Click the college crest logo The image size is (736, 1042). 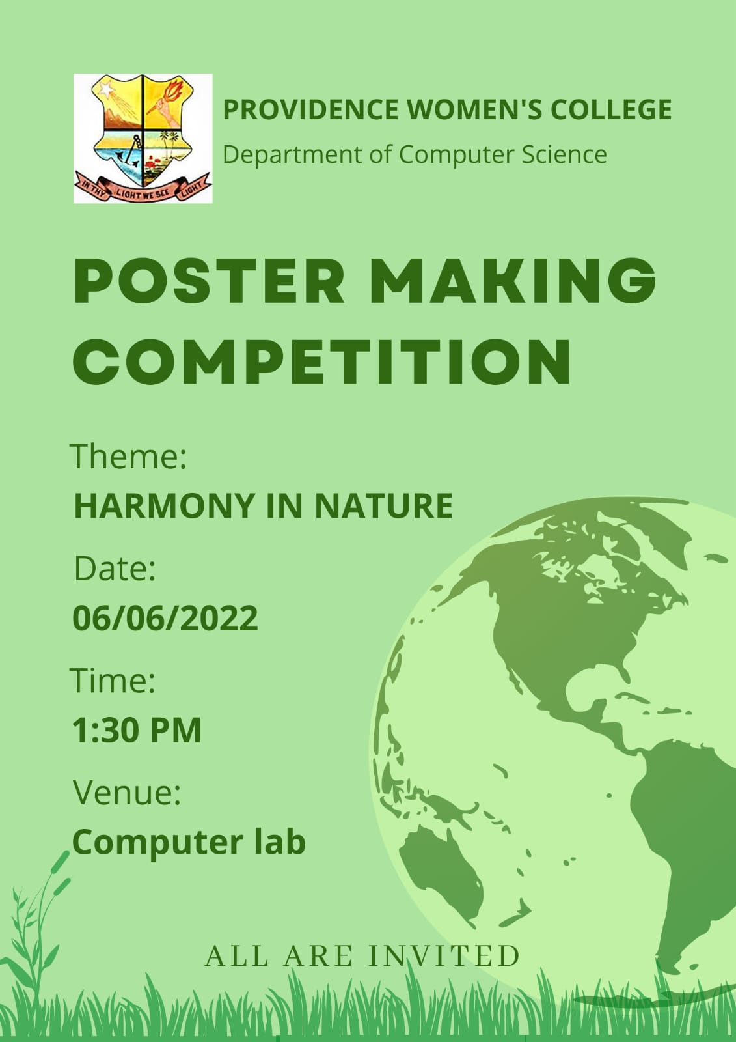click(x=143, y=138)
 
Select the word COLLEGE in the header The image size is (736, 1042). click(x=611, y=109)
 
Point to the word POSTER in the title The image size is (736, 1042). click(x=209, y=281)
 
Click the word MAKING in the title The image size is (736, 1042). click(x=513, y=281)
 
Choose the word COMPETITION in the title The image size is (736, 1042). click(x=321, y=361)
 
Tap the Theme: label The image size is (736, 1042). click(x=128, y=457)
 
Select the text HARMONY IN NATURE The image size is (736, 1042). click(x=263, y=505)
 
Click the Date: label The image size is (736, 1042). click(x=115, y=568)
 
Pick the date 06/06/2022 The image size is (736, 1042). click(x=165, y=618)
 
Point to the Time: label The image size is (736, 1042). click(x=113, y=680)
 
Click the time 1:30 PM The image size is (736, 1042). click(x=137, y=730)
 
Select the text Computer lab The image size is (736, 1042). click(x=189, y=843)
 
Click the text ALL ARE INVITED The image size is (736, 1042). click(x=362, y=956)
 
